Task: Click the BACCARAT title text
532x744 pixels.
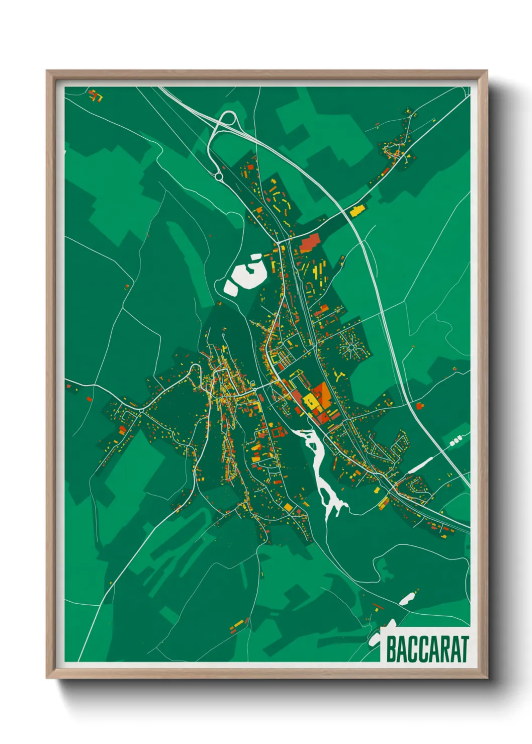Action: point(427,649)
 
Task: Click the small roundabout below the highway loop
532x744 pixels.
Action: point(219,176)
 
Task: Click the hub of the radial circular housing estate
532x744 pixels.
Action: point(351,347)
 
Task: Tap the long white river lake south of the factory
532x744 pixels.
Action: point(322,473)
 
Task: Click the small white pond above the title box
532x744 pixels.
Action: point(406,599)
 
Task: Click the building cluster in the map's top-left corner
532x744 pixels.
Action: point(95,95)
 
